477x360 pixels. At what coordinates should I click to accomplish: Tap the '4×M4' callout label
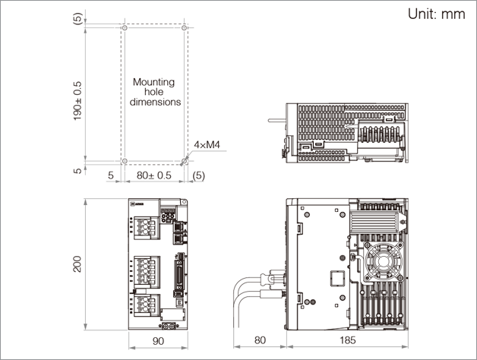(207, 144)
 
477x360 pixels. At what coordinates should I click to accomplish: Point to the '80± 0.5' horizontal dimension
(154, 175)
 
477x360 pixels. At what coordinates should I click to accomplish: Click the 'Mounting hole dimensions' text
(154, 91)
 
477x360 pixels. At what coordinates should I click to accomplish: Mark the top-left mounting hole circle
(125, 28)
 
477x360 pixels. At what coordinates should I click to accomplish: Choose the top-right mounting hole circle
(185, 28)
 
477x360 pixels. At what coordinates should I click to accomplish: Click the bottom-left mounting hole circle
(125, 161)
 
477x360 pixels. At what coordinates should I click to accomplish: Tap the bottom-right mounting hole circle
(185, 161)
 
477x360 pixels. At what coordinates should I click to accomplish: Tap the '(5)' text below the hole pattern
(199, 175)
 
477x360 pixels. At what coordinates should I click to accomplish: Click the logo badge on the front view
(138, 204)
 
